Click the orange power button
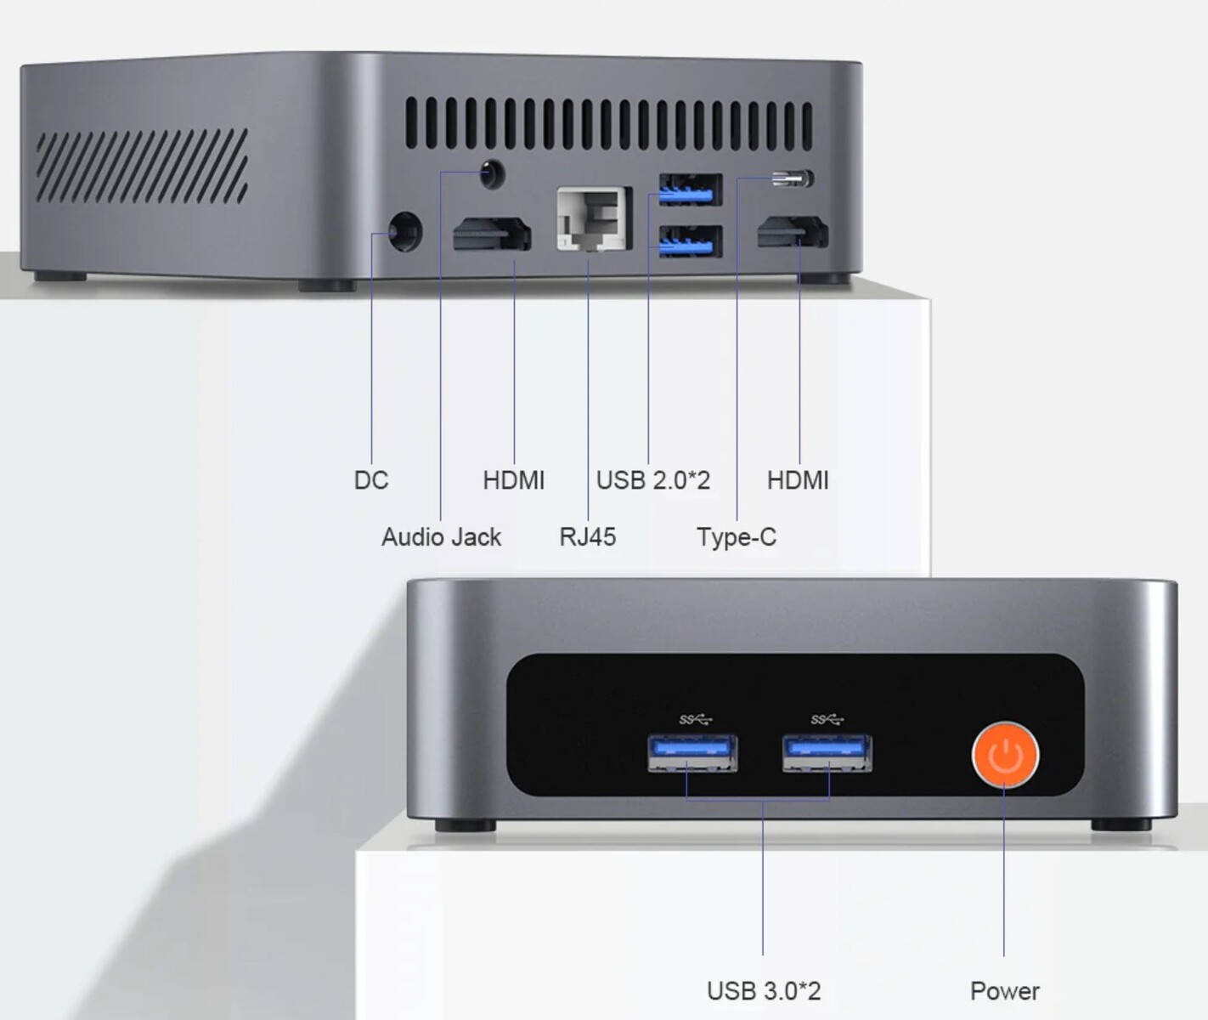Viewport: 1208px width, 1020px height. click(x=1006, y=755)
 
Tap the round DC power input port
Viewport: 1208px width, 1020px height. click(x=405, y=232)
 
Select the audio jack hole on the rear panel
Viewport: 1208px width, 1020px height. click(x=493, y=173)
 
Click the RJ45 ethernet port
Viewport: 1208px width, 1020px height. click(x=594, y=218)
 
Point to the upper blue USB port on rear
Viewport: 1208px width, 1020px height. click(x=691, y=190)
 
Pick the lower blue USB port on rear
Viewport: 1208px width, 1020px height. click(x=691, y=241)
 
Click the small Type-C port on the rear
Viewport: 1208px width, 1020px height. click(x=793, y=178)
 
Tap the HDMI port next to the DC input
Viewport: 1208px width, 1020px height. click(x=492, y=234)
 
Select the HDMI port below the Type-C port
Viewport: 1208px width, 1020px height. click(x=793, y=231)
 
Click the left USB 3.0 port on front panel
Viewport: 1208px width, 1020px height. click(x=692, y=752)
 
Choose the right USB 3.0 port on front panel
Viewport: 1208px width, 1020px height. click(x=827, y=752)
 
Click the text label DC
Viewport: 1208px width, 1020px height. click(x=371, y=480)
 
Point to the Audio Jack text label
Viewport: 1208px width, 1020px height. click(x=442, y=537)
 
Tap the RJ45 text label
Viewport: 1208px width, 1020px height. click(x=588, y=537)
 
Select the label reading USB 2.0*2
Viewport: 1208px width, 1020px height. click(x=653, y=480)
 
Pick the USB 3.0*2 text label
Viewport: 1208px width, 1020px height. click(x=764, y=991)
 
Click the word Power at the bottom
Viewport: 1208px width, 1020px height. click(x=1005, y=991)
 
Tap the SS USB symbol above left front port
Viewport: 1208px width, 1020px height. click(x=696, y=720)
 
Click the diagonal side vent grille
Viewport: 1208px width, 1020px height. click(x=143, y=166)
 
